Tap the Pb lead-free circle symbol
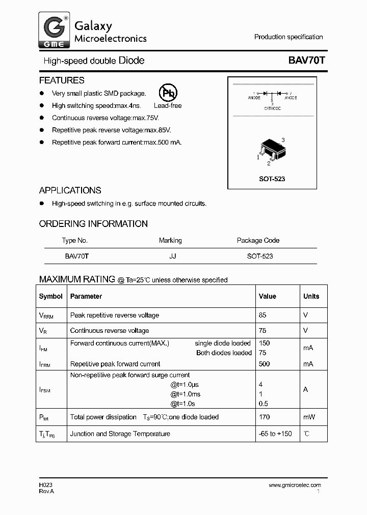(x=168, y=93)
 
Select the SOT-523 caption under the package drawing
(x=272, y=179)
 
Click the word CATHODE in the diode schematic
(x=272, y=108)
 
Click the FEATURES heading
(x=62, y=80)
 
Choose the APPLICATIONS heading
(x=70, y=190)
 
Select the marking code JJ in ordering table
(x=173, y=256)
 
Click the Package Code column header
(x=258, y=240)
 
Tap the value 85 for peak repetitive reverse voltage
(x=263, y=315)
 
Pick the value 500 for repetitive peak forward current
(x=265, y=364)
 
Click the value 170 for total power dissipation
(x=265, y=417)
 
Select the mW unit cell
(x=309, y=417)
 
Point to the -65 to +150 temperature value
(x=275, y=434)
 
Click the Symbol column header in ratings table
(x=51, y=296)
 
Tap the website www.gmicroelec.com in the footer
(x=295, y=485)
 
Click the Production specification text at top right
(x=289, y=37)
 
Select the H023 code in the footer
(x=45, y=485)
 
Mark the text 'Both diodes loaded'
(x=224, y=353)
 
